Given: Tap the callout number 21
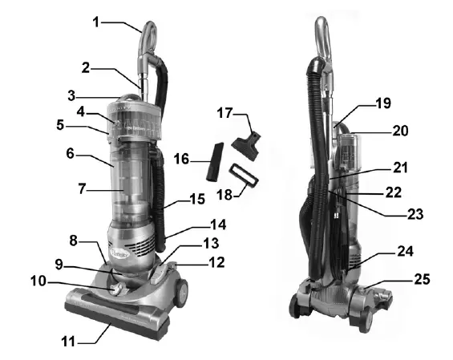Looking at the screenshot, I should coord(399,168).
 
